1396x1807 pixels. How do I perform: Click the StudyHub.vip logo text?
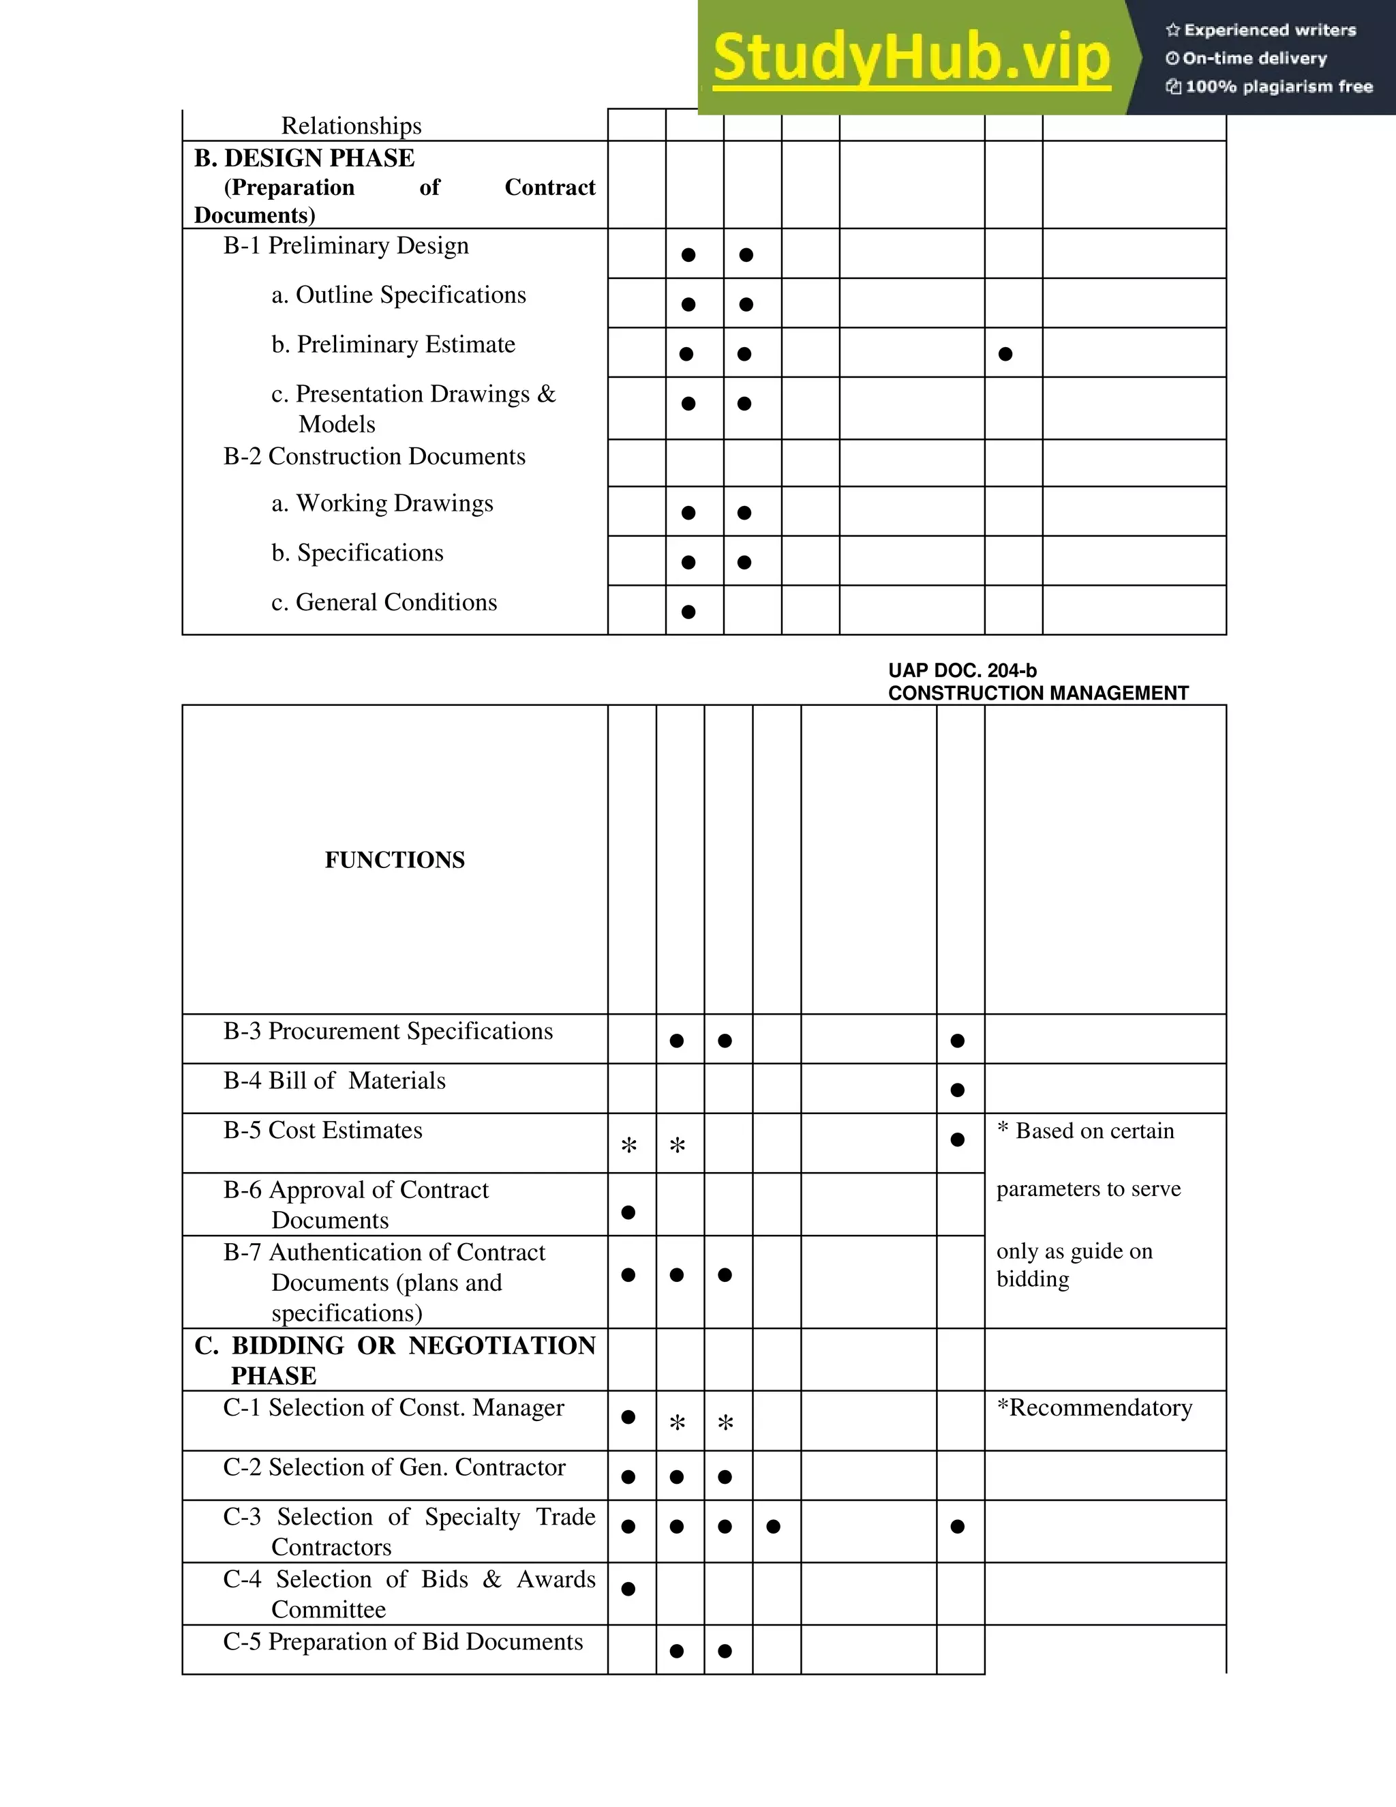coord(911,58)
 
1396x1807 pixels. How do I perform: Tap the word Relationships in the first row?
coord(352,125)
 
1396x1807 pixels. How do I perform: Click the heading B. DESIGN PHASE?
coord(304,158)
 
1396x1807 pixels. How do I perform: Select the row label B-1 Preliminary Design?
coord(346,245)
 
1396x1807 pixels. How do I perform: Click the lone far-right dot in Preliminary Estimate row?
coord(1005,354)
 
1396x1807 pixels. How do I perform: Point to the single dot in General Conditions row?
coord(688,612)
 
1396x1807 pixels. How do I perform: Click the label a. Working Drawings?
coord(382,503)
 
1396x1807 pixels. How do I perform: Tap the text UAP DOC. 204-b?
coord(962,670)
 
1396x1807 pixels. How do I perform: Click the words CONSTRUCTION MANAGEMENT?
coord(1038,693)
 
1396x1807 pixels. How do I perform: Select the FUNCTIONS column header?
coord(395,860)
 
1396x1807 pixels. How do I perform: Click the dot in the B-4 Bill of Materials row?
coord(958,1090)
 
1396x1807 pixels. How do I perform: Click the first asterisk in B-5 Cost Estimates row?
coord(629,1146)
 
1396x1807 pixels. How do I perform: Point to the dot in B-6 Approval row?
coord(628,1213)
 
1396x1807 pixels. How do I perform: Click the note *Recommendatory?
coord(1094,1408)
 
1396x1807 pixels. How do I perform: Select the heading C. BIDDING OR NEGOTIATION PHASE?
coord(395,1360)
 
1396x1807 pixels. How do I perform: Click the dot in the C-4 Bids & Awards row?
coord(628,1589)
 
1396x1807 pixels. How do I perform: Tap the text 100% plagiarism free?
coord(1278,87)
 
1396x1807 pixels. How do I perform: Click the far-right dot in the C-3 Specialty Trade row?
coord(958,1527)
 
